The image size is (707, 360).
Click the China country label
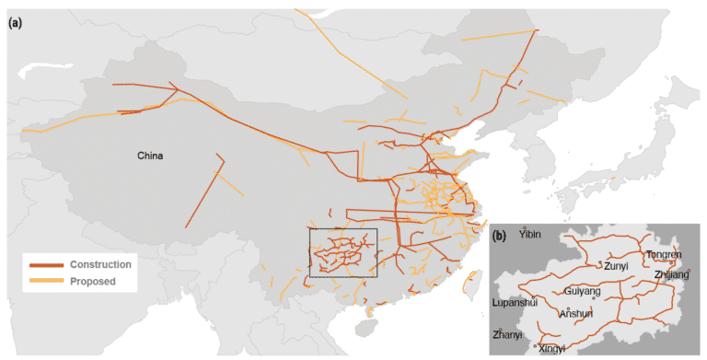point(150,156)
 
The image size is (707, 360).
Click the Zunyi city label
point(617,265)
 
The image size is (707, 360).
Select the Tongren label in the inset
point(664,255)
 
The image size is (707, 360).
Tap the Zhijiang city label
point(669,274)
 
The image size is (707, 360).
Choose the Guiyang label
point(582,292)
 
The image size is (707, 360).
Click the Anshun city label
point(575,313)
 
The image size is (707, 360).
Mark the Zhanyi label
point(507,333)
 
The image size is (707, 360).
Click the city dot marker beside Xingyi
point(536,346)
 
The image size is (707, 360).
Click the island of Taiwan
point(475,283)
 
